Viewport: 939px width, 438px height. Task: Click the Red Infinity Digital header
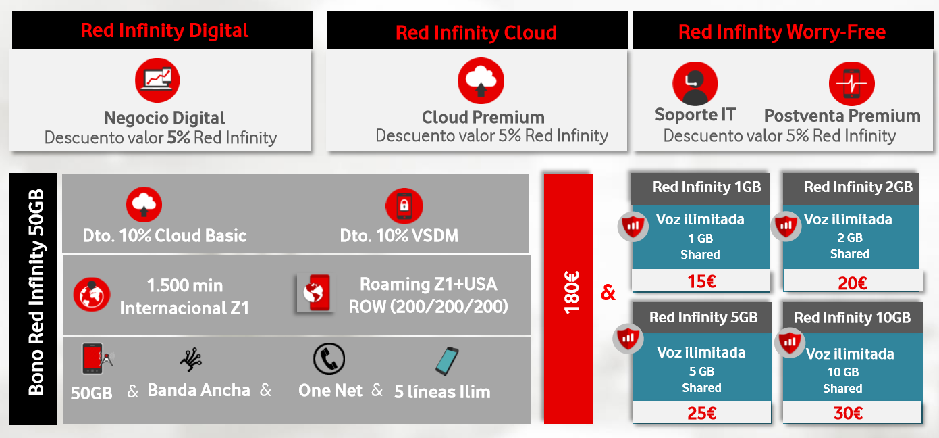pos(164,30)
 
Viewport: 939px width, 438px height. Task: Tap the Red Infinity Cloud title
pos(476,32)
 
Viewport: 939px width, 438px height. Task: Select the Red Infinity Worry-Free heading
pos(782,32)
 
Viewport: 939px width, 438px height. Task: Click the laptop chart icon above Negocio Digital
pos(157,80)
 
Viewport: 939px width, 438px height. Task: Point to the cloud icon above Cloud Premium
pos(481,80)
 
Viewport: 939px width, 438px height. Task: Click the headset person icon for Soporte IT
pos(695,84)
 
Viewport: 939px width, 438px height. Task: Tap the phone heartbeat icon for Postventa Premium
pos(852,84)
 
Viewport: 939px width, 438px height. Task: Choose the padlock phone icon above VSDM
pos(404,205)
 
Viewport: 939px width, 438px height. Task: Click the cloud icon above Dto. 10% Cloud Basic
pos(144,204)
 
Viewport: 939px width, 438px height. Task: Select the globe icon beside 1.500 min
pos(92,295)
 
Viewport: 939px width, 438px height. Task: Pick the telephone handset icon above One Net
pos(329,359)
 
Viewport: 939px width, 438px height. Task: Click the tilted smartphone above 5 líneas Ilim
pos(447,361)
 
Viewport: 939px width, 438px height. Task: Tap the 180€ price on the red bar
pos(571,293)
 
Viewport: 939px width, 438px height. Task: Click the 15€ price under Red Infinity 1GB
pos(702,281)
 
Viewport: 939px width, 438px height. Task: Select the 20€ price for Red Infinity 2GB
pos(853,283)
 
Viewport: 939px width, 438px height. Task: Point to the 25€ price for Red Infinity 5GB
pos(702,413)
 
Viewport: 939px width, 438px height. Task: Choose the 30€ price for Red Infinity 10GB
pos(849,413)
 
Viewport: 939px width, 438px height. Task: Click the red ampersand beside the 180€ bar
pos(608,293)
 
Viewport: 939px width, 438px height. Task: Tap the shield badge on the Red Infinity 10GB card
pos(790,342)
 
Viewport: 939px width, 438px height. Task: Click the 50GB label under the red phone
pos(91,393)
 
